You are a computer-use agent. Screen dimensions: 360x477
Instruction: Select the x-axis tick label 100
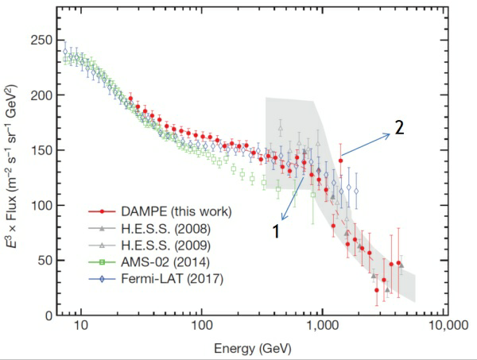pyautogui.click(x=201, y=326)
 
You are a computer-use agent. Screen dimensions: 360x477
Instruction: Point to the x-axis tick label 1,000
pyautogui.click(x=322, y=326)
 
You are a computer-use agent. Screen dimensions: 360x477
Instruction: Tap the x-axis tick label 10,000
pyautogui.click(x=443, y=326)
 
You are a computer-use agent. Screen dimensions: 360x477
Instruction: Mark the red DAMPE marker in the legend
pyautogui.click(x=103, y=211)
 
